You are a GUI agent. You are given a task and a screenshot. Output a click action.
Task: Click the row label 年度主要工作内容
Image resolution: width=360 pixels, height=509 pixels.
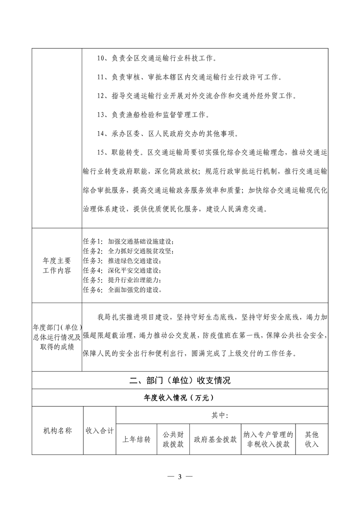pyautogui.click(x=57, y=265)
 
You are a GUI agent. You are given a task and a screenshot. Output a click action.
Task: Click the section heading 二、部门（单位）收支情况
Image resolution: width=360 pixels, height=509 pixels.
pyautogui.click(x=180, y=380)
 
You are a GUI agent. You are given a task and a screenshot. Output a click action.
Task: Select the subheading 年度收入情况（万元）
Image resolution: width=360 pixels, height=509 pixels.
pyautogui.click(x=180, y=398)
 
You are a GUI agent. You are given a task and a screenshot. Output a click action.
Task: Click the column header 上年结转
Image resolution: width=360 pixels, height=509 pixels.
pyautogui.click(x=137, y=439)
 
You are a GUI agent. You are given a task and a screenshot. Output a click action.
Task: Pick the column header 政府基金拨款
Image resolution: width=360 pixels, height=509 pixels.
pyautogui.click(x=215, y=439)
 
